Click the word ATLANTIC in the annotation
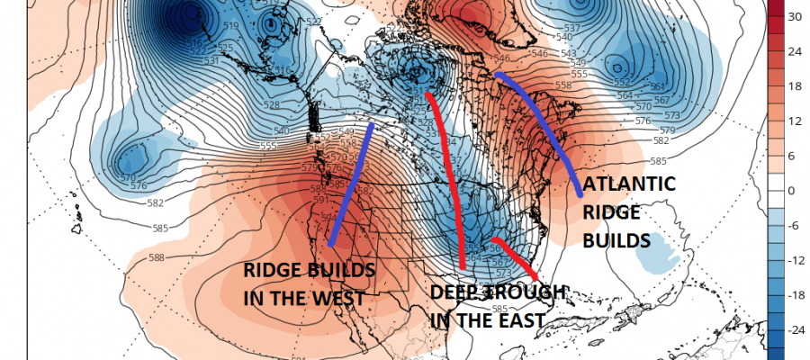click(x=629, y=184)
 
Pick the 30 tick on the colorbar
click(x=794, y=17)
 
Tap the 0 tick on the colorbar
click(x=792, y=191)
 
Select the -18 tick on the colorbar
click(x=795, y=294)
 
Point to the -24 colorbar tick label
click(x=795, y=329)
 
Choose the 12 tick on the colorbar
click(x=794, y=121)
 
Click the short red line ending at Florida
click(x=517, y=256)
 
